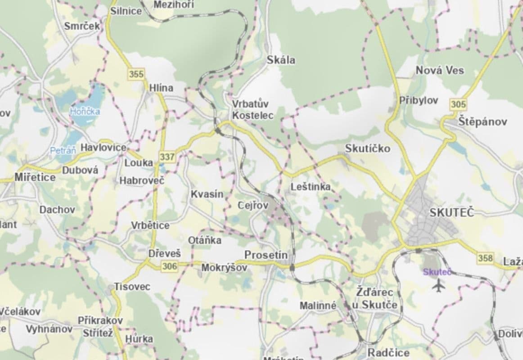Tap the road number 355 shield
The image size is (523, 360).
(136, 74)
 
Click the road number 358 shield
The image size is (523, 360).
(485, 258)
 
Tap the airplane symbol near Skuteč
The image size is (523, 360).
(437, 285)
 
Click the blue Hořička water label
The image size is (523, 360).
(85, 112)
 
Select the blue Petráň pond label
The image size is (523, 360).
(63, 151)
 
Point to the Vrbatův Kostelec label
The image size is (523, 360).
(252, 110)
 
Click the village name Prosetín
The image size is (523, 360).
(266, 255)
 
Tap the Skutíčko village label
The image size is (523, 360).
(368, 148)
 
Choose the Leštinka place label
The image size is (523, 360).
(311, 186)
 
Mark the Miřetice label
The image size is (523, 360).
(35, 177)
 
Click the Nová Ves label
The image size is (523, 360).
(440, 70)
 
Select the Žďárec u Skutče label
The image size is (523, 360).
(374, 299)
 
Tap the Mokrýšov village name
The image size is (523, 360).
(224, 268)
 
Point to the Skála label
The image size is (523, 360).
(281, 59)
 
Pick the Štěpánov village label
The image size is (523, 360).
(483, 121)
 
